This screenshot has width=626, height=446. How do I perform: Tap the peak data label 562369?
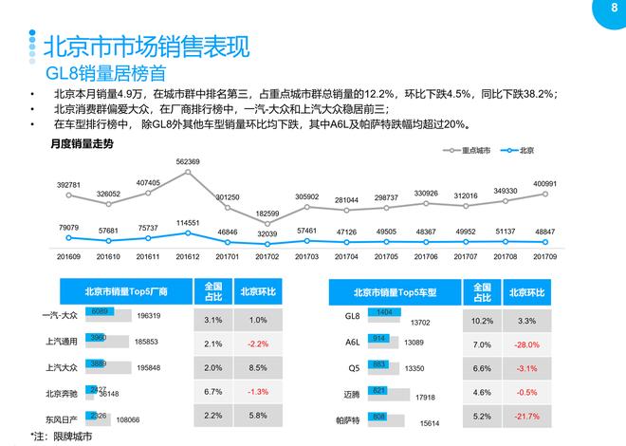pyautogui.click(x=188, y=162)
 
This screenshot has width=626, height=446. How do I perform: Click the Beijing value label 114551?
pyautogui.click(x=188, y=223)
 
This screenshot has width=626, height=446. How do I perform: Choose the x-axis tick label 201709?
pyautogui.click(x=544, y=256)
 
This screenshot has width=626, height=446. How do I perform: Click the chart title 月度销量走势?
pyautogui.click(x=82, y=144)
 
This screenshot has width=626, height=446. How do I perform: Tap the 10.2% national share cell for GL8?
pyautogui.click(x=482, y=320)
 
